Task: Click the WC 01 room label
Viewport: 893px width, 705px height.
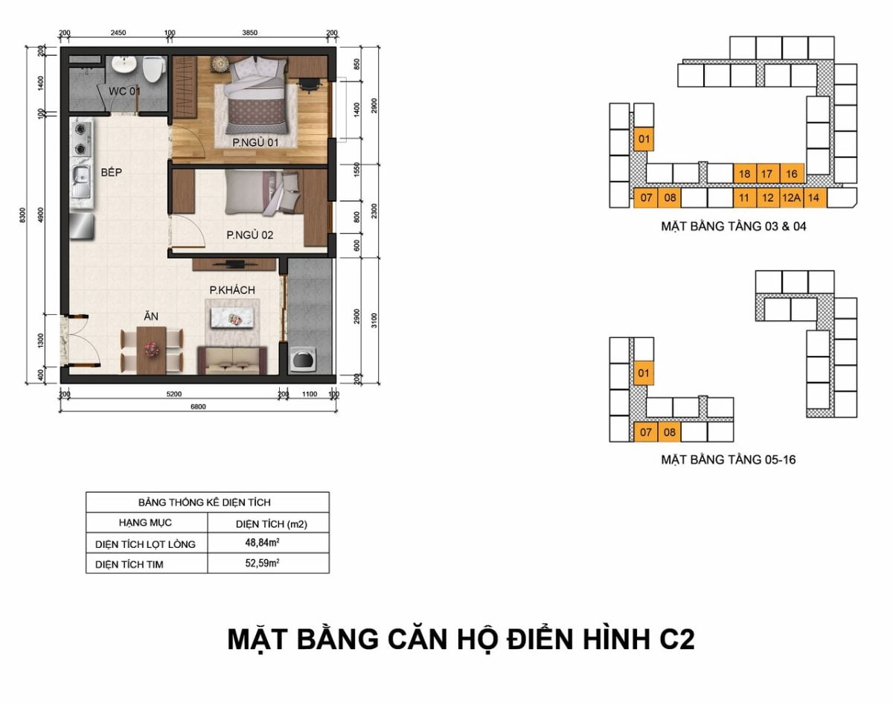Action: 124,91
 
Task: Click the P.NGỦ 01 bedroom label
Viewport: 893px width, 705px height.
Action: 255,143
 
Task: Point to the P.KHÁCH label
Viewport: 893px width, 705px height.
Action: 232,290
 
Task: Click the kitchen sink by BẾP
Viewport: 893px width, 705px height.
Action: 82,181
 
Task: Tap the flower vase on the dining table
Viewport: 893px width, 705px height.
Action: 152,350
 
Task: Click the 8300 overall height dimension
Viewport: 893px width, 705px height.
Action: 23,215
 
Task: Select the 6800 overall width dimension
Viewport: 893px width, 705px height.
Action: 198,406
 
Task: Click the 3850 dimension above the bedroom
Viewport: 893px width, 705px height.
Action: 250,33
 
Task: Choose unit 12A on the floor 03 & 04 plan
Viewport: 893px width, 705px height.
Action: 791,198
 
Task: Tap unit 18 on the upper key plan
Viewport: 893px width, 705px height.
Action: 745,173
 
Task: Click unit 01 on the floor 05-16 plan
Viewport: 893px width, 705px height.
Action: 644,373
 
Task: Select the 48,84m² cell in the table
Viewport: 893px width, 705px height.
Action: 262,542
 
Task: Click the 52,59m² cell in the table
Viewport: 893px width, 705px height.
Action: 262,563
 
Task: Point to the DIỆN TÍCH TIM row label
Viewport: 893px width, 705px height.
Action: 129,564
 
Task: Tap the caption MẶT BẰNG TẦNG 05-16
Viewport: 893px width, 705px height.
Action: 729,459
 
